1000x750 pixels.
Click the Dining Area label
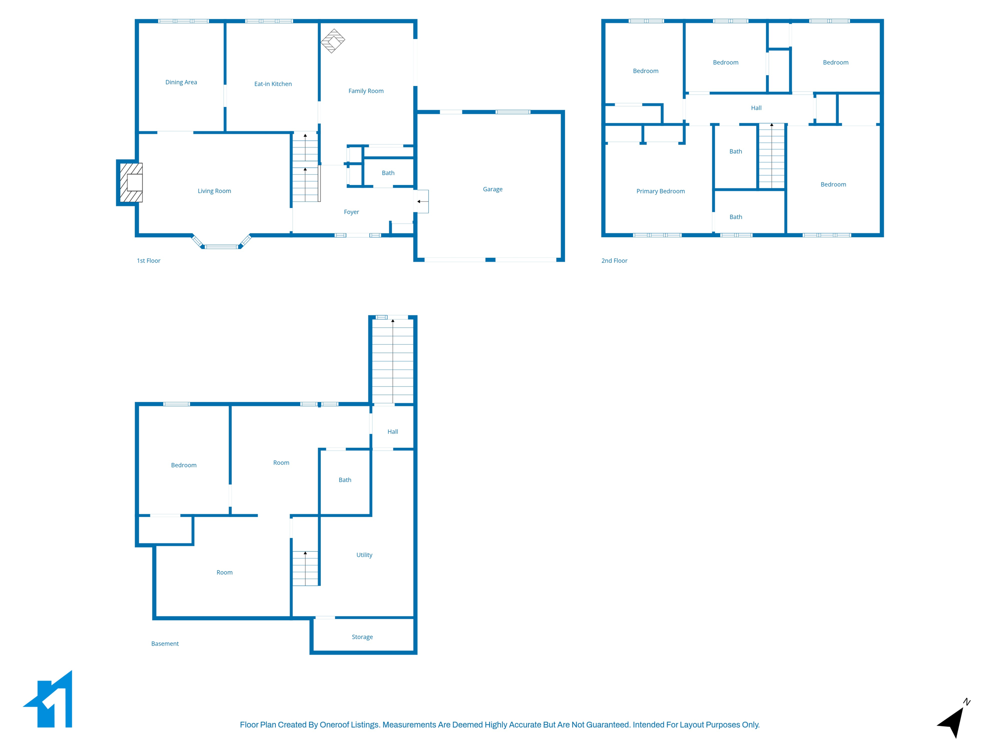pyautogui.click(x=181, y=82)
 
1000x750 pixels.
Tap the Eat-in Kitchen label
pyautogui.click(x=273, y=84)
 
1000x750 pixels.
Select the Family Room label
pyautogui.click(x=366, y=91)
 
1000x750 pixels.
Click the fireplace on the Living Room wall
pyautogui.click(x=131, y=183)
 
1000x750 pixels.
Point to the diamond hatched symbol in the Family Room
pyautogui.click(x=333, y=41)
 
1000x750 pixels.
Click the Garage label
pyautogui.click(x=492, y=189)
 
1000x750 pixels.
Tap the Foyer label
pyautogui.click(x=351, y=212)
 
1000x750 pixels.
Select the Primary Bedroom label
pyautogui.click(x=660, y=191)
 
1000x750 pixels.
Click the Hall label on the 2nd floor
pyautogui.click(x=756, y=108)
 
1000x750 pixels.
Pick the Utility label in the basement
pyautogui.click(x=364, y=555)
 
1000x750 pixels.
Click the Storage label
pyautogui.click(x=362, y=637)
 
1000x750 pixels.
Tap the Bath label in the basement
pyautogui.click(x=345, y=480)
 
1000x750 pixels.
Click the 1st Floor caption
pyautogui.click(x=148, y=261)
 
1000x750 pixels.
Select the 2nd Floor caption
pyautogui.click(x=614, y=261)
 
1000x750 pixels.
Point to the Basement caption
pyautogui.click(x=165, y=644)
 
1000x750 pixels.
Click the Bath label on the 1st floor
pyautogui.click(x=388, y=173)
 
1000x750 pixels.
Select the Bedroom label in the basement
pyautogui.click(x=184, y=465)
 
